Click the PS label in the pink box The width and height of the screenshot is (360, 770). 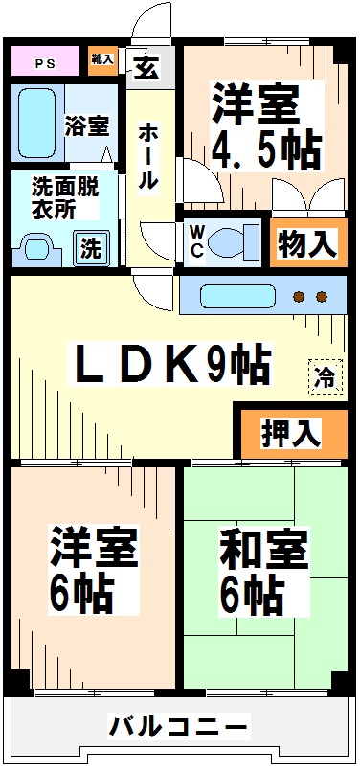(x=45, y=64)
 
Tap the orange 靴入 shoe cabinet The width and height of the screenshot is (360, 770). (x=101, y=59)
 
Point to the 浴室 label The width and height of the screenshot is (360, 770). (x=86, y=125)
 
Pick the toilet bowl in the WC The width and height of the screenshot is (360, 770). (x=234, y=239)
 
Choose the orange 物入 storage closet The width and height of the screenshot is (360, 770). (x=306, y=244)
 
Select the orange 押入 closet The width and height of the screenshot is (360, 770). (x=291, y=434)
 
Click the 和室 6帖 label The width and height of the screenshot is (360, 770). (x=263, y=573)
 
